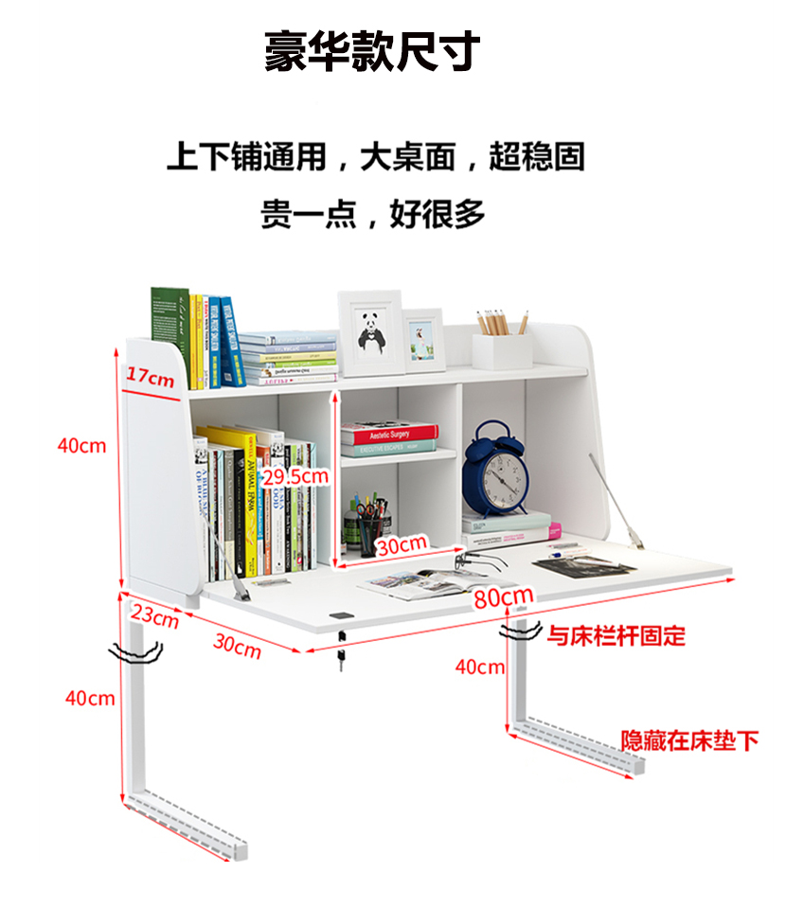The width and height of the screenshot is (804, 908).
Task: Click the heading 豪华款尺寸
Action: point(372,51)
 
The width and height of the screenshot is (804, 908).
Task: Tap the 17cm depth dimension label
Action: point(151,377)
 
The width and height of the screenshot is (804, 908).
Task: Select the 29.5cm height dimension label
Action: point(295,476)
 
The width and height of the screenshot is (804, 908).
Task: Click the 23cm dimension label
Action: point(155,616)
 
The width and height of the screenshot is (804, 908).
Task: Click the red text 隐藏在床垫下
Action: point(689,740)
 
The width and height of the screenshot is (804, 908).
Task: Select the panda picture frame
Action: point(369,332)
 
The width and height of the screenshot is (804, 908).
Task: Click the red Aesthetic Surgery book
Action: point(389,435)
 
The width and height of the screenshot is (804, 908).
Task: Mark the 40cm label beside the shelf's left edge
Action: point(81,445)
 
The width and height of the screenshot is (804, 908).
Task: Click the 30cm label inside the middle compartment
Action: point(401,545)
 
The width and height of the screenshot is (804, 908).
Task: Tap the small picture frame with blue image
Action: point(422,339)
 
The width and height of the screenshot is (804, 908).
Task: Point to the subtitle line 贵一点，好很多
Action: point(372,214)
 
